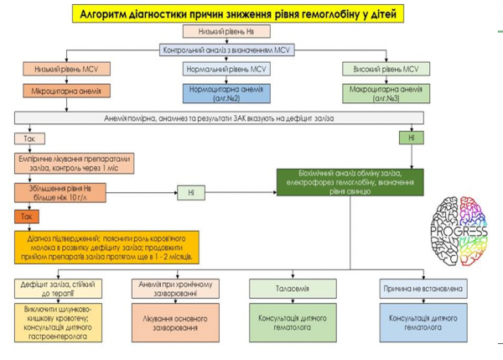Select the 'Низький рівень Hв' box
point(240,34)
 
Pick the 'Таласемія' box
point(296,289)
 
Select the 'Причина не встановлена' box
point(424,289)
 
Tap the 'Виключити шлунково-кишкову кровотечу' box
point(58,321)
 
